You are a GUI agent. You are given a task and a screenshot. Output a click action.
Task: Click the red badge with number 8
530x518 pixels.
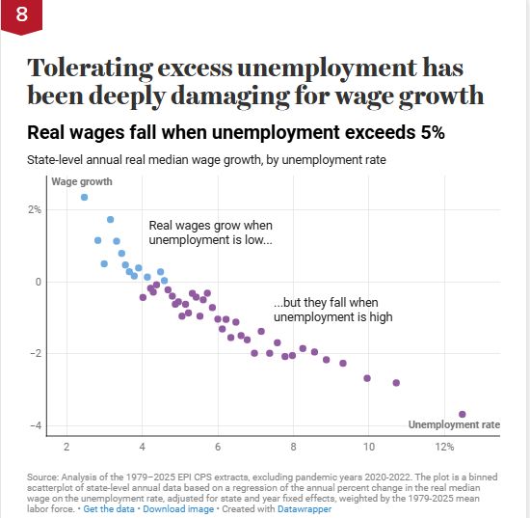(21, 16)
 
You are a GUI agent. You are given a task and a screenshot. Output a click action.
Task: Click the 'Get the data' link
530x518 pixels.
(109, 509)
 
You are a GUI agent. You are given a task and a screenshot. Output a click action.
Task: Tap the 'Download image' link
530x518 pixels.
(178, 509)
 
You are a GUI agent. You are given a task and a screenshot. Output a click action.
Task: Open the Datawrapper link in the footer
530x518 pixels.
(305, 509)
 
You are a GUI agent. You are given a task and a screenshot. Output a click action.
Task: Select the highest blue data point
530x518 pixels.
(84, 197)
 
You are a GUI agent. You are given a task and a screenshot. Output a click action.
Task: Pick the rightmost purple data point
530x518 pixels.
(462, 414)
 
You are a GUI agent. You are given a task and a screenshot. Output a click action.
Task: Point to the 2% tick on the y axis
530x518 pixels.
(35, 209)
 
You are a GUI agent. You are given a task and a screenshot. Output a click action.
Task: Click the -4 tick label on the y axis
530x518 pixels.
(36, 425)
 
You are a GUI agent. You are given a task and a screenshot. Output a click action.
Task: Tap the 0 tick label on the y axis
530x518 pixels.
(39, 282)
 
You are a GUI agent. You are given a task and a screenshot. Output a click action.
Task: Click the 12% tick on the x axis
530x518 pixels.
(444, 447)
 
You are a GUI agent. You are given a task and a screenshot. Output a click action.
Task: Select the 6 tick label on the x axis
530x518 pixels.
(218, 447)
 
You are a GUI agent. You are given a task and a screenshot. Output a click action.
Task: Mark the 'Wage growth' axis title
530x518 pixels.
(82, 181)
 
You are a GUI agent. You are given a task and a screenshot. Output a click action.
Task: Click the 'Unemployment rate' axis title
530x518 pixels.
(454, 424)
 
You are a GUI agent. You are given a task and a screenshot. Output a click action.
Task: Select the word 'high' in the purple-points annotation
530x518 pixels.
(381, 317)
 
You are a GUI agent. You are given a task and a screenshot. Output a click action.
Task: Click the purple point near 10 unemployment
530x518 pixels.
(367, 378)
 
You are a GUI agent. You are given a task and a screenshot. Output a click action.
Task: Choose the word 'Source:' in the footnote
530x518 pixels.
(43, 477)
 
